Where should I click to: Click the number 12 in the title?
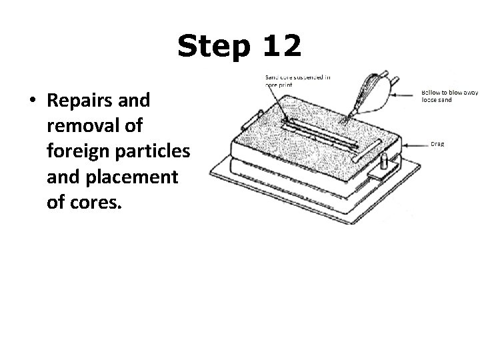(x=281, y=46)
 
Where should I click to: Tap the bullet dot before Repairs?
(x=31, y=101)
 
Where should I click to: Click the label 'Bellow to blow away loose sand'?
(x=449, y=96)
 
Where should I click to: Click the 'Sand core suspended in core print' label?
(x=297, y=81)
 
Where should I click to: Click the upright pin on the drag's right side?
(x=384, y=163)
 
